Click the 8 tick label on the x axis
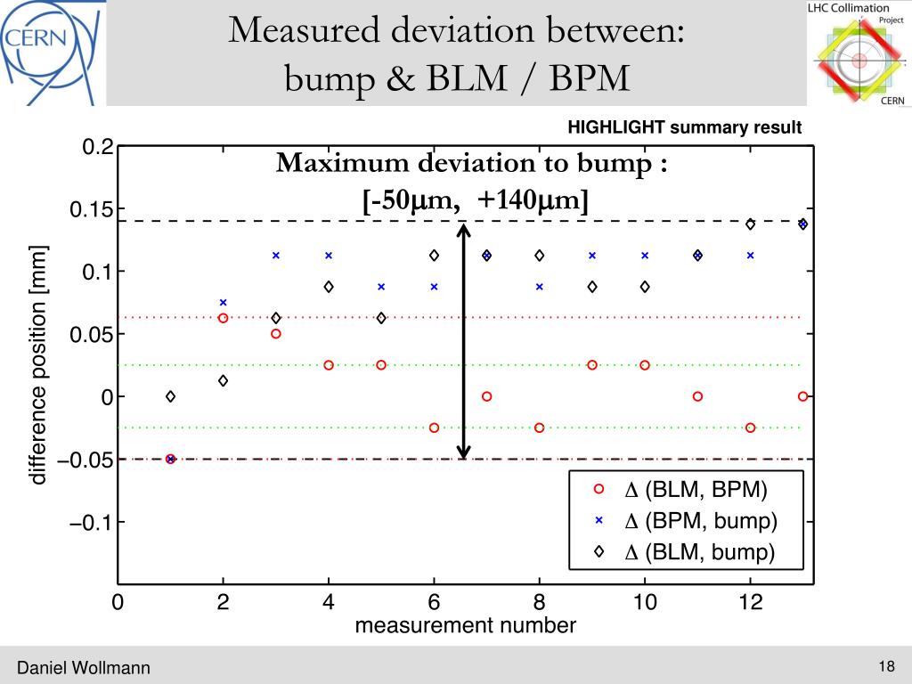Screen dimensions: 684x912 540,603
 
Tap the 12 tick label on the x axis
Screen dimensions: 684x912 751,603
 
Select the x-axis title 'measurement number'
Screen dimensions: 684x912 465,625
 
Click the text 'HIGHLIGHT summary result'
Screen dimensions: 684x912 685,128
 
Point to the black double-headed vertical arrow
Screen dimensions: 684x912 464,340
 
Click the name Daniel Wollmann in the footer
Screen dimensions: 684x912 85,668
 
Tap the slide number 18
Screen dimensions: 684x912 885,666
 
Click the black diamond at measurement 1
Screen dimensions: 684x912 170,396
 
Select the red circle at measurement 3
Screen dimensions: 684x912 276,334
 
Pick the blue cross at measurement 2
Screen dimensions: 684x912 224,303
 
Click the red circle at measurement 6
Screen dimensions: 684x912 434,427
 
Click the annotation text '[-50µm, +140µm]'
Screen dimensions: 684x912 476,201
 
